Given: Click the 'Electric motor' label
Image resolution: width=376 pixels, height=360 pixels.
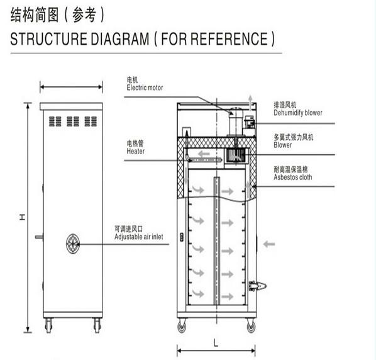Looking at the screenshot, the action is click(x=145, y=87).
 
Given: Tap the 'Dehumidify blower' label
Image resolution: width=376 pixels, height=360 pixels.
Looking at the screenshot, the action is click(x=298, y=113).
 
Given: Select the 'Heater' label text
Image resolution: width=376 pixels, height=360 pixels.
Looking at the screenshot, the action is click(x=135, y=151).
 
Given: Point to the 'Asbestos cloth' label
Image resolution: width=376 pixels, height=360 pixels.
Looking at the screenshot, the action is click(x=293, y=177).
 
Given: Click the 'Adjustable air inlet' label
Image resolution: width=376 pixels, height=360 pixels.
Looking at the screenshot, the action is click(x=138, y=237).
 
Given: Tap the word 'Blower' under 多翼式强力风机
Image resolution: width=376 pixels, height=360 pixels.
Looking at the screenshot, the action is click(x=283, y=145).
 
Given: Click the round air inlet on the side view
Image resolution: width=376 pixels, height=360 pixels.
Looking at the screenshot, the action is click(x=73, y=244).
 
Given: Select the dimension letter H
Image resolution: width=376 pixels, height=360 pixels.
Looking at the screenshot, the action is click(x=22, y=217).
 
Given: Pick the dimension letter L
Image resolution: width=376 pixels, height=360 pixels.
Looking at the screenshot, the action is click(x=216, y=343).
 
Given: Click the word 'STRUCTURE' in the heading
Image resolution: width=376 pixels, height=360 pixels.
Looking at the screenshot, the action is click(x=48, y=39).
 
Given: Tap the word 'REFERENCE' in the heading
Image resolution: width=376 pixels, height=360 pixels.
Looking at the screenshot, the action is click(x=229, y=39).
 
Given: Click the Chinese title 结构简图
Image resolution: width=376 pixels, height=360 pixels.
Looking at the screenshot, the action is click(x=35, y=15).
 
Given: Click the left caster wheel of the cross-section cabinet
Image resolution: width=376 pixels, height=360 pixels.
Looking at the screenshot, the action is click(x=182, y=326).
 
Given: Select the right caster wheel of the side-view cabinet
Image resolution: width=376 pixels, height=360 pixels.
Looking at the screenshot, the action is click(x=97, y=325).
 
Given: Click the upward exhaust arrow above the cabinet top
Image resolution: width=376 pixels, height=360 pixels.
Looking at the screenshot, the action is click(x=250, y=103).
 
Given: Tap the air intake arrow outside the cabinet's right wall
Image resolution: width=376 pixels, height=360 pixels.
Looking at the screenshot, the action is click(x=269, y=244).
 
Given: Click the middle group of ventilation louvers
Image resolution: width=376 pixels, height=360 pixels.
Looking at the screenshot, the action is click(x=73, y=121).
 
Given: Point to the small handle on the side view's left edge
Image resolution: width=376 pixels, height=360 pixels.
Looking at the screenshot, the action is click(x=39, y=237).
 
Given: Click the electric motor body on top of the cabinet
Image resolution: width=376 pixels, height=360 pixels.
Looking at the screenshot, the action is click(x=236, y=122).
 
